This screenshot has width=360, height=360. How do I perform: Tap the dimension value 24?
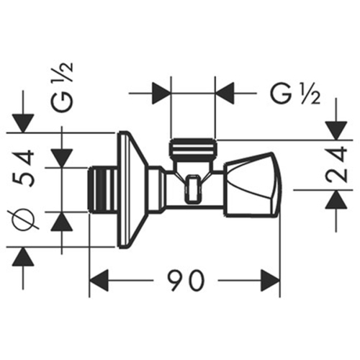[337, 166]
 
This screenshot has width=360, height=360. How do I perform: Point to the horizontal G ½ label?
[295, 94]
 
